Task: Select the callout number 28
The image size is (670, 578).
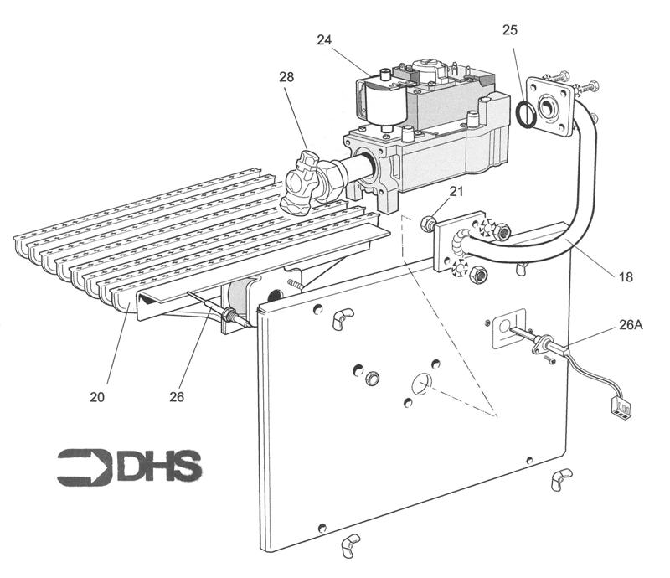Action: pyautogui.click(x=287, y=78)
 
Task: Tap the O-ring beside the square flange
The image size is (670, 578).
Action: pyautogui.click(x=526, y=116)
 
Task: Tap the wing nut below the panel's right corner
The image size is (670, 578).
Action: pyautogui.click(x=559, y=480)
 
